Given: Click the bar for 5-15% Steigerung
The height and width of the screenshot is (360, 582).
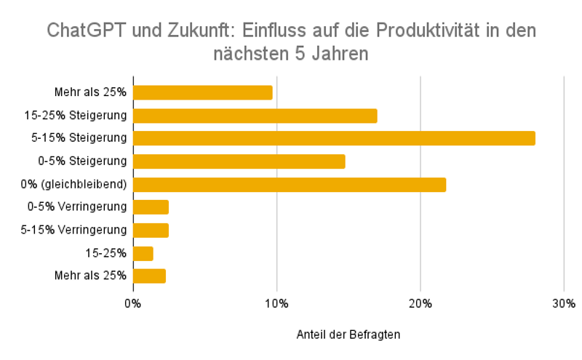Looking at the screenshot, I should pyautogui.click(x=334, y=138).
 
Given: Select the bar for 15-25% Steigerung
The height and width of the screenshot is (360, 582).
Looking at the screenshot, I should pyautogui.click(x=255, y=116).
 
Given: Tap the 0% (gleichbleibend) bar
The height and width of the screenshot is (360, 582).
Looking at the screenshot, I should pyautogui.click(x=289, y=185).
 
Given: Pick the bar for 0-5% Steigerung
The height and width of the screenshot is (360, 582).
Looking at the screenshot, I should pyautogui.click(x=239, y=161).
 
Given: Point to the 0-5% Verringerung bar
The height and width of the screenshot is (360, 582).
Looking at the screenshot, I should pyautogui.click(x=151, y=207).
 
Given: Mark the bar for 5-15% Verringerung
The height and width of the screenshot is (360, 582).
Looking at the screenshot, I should pyautogui.click(x=151, y=231).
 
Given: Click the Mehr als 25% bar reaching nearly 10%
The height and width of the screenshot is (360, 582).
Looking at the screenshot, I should pyautogui.click(x=202, y=92).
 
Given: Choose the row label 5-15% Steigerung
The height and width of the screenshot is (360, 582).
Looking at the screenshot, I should pyautogui.click(x=84, y=138).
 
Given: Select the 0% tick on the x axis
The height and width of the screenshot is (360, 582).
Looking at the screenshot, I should pyautogui.click(x=133, y=303).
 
